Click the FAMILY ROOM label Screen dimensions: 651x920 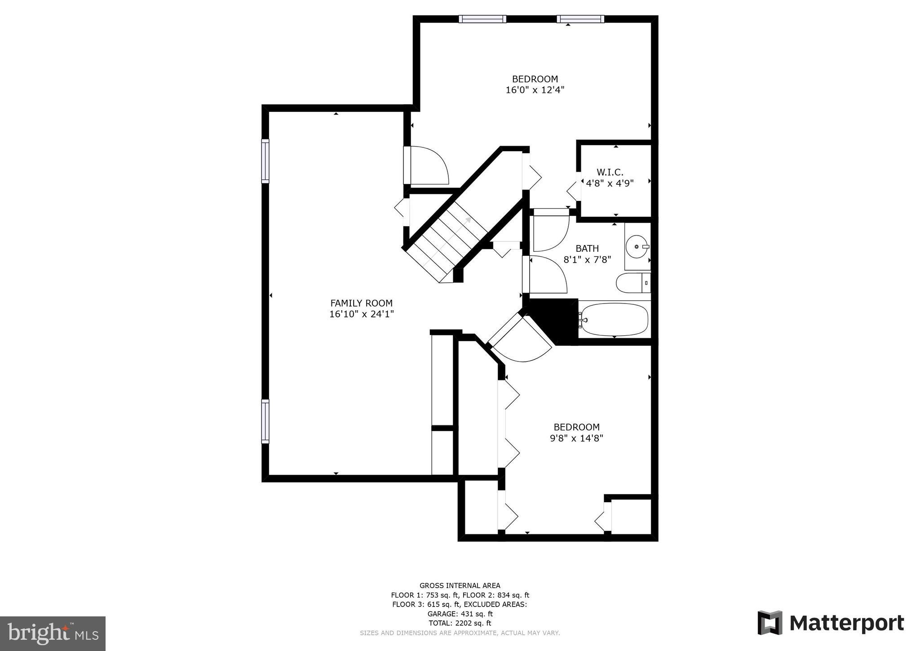[x=361, y=303]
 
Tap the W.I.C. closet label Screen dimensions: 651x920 [x=610, y=172]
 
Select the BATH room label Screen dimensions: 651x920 [x=587, y=248]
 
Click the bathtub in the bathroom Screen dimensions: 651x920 [x=614, y=319]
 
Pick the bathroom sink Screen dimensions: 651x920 [x=637, y=246]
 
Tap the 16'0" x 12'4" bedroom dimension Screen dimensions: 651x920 [x=535, y=89]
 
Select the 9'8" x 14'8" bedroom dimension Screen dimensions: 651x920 [x=576, y=438]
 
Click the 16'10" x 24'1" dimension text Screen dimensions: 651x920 [x=361, y=314]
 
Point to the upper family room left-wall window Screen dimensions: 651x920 [x=265, y=161]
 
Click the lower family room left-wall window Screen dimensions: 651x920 [x=265, y=421]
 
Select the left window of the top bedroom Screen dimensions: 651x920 [x=482, y=19]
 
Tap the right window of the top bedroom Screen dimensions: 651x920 [x=580, y=19]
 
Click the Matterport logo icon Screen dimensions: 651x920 [x=770, y=623]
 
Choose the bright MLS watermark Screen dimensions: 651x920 [x=53, y=633]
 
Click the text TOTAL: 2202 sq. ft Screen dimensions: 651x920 [x=460, y=623]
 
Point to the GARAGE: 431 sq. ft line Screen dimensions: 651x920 [x=460, y=614]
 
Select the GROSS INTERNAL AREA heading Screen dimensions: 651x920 [x=460, y=585]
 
